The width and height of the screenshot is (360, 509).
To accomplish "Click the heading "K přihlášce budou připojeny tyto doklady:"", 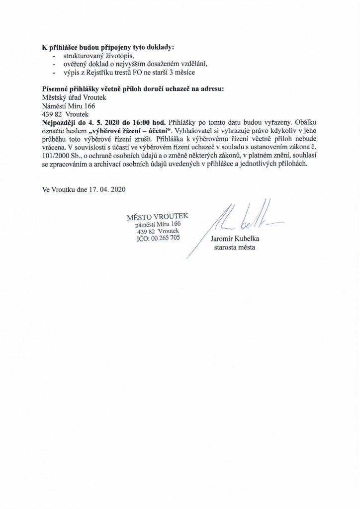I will point(108,48).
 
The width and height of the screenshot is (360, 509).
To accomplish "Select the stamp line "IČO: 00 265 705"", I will point(158,239).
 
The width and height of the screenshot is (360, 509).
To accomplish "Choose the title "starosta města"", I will point(234,247).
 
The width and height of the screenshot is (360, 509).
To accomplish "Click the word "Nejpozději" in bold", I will point(59,122).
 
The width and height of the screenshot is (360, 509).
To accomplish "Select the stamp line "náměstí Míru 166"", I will point(158,225).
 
